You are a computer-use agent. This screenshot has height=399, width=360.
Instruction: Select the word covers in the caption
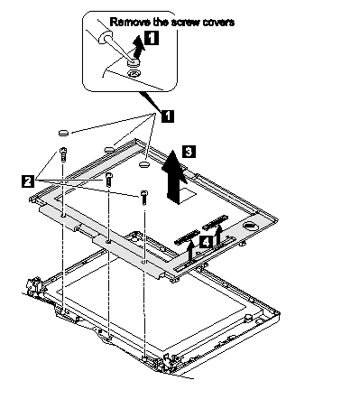pos(218,23)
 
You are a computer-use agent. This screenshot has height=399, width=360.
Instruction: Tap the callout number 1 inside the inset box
pos(152,38)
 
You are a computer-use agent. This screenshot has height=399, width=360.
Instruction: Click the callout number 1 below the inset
pos(168,116)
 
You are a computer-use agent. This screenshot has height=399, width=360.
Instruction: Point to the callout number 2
pos(28,181)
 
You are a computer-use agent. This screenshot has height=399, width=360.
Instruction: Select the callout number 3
pos(189,152)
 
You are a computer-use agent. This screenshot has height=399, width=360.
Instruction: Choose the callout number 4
pos(206,242)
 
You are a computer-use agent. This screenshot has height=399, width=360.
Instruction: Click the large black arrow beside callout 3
pos(173,177)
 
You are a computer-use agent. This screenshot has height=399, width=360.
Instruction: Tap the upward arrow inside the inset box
pos(137,47)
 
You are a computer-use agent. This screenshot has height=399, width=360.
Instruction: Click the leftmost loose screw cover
pos(63,133)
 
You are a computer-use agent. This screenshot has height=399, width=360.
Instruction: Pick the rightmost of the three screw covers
pos(144,164)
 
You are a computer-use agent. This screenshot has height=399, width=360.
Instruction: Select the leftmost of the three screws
pos(63,154)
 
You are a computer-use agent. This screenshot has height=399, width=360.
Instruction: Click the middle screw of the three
pos(109,180)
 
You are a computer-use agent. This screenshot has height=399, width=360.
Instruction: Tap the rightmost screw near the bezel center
pos(144,198)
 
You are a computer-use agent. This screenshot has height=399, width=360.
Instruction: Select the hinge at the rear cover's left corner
pos(33,287)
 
